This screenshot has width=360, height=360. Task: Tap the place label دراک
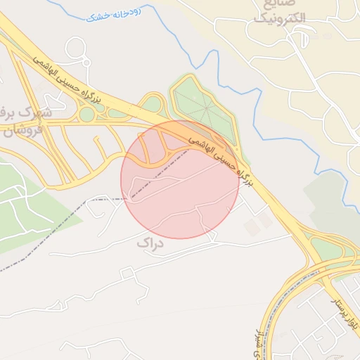148,243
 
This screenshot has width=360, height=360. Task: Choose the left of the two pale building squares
252,227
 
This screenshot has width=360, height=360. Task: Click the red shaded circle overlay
179,190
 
